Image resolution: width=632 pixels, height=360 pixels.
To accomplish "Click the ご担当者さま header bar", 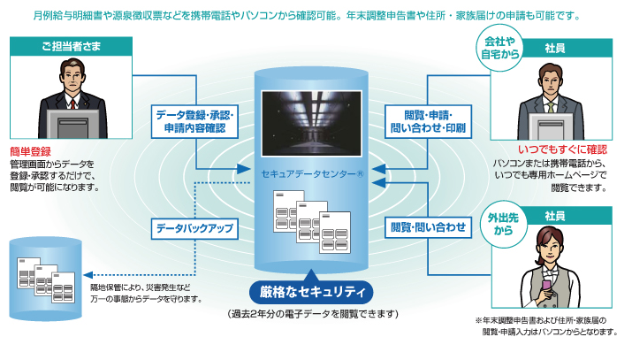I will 66,44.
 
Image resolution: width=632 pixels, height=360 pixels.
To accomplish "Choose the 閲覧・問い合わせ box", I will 430,227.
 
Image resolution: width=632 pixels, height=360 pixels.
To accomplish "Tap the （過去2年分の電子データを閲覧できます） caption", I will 312,314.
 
